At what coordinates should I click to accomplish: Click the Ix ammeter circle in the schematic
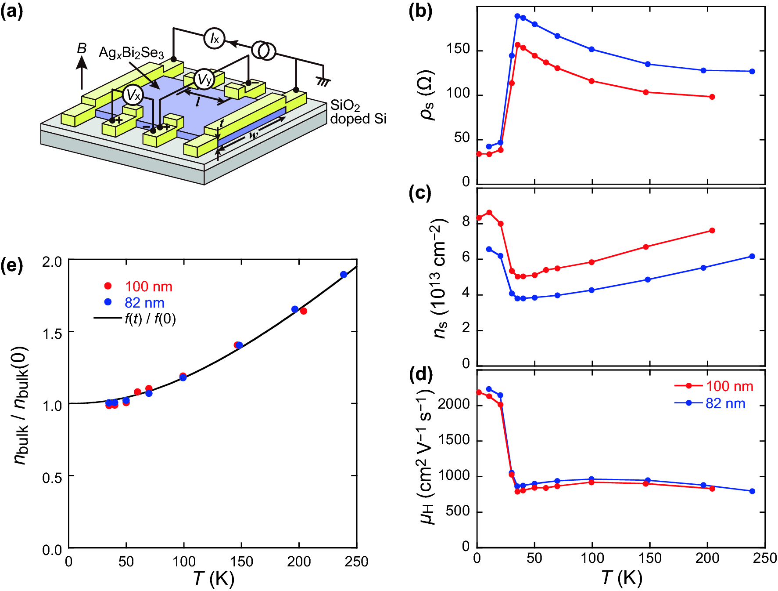tap(214, 38)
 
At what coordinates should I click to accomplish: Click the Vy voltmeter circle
tap(204, 80)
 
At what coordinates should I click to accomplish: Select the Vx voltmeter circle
tap(133, 95)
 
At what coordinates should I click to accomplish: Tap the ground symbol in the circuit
tap(324, 81)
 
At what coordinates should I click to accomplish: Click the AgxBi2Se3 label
tap(131, 53)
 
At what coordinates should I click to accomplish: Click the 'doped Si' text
tap(358, 119)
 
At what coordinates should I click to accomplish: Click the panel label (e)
tap(12, 266)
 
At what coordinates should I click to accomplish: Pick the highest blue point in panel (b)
tap(517, 16)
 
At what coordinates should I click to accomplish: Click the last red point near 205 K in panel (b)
tap(712, 97)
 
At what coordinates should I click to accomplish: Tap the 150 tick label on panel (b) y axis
tap(458, 49)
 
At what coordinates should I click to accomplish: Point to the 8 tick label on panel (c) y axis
tap(466, 222)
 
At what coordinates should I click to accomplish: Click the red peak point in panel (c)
tap(489, 213)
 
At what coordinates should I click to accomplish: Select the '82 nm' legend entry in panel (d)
tap(725, 403)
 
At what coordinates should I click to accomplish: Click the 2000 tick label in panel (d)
tap(454, 404)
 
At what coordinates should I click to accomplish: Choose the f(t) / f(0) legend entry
tap(150, 319)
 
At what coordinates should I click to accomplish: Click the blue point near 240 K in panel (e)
tap(344, 275)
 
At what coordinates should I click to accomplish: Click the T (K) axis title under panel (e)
tap(214, 579)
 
